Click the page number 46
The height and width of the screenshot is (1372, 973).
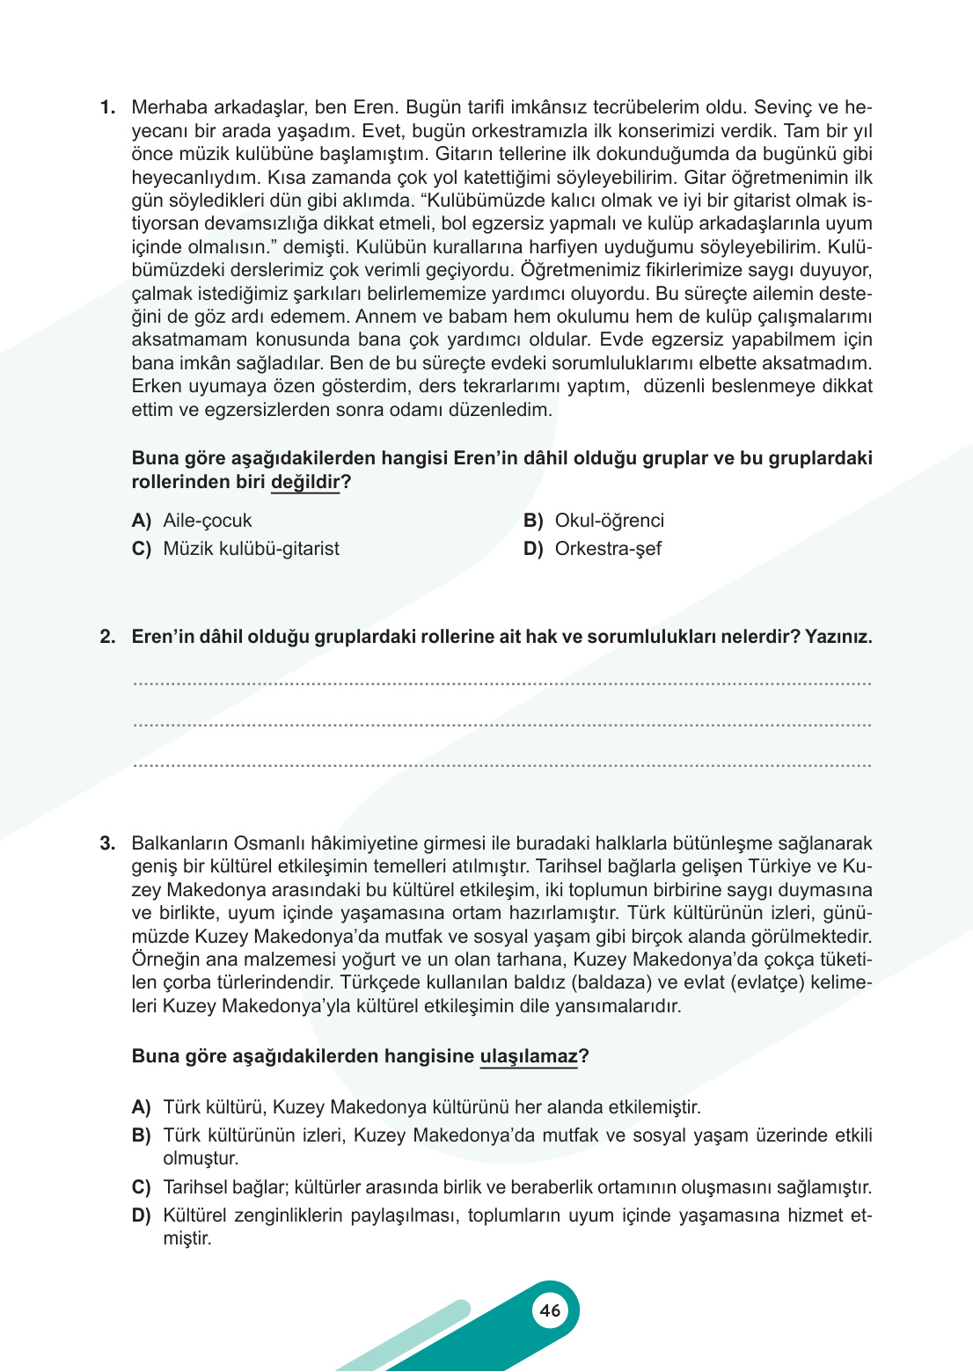(550, 1310)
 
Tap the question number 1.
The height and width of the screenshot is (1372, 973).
(107, 107)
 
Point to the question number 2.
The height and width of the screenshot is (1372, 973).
(107, 637)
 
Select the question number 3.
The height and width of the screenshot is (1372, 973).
(107, 843)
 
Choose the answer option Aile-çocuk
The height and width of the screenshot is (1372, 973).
(207, 521)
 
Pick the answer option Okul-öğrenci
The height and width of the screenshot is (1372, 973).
(609, 521)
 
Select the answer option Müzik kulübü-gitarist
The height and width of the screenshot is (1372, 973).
(251, 549)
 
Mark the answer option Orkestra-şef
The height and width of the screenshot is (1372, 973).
(607, 549)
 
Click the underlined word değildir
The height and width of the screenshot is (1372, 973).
(305, 482)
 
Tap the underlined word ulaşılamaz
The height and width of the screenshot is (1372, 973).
(529, 1056)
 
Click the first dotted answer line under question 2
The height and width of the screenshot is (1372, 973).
(501, 684)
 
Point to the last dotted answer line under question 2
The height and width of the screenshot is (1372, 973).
(501, 766)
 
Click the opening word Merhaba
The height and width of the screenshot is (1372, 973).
(169, 107)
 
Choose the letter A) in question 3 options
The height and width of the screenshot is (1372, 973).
(141, 1107)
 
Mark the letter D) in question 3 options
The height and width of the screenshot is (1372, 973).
(141, 1216)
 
